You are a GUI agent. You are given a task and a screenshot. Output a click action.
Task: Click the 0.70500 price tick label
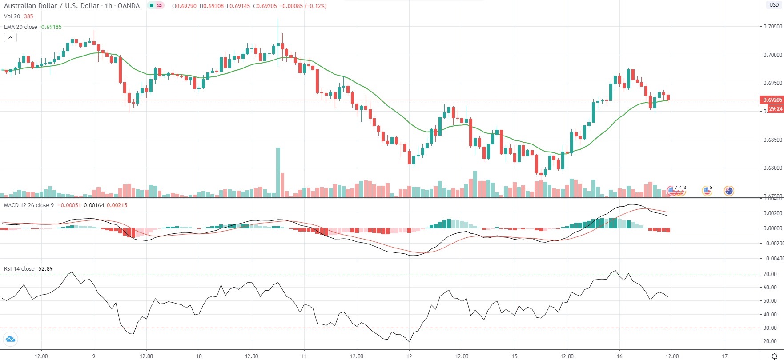pyautogui.click(x=772, y=27)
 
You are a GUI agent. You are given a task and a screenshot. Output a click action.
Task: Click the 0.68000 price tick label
pyautogui.click(x=772, y=168)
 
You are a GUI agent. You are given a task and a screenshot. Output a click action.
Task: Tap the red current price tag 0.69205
pyautogui.click(x=772, y=100)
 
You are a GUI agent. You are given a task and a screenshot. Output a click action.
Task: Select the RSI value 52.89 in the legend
pyautogui.click(x=45, y=269)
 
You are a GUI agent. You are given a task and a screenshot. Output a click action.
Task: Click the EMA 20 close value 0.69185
pyautogui.click(x=52, y=27)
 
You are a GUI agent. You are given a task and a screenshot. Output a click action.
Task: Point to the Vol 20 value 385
pyautogui.click(x=28, y=16)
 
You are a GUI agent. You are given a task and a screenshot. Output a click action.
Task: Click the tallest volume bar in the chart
pyautogui.click(x=278, y=172)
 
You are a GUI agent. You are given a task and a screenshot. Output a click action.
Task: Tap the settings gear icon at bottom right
pyautogui.click(x=774, y=356)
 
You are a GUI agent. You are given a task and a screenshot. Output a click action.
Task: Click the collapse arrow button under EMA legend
pyautogui.click(x=10, y=38)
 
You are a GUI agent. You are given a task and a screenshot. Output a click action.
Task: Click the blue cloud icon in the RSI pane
pyautogui.click(x=10, y=340)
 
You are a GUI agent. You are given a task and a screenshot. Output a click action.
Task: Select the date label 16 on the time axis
pyautogui.click(x=619, y=356)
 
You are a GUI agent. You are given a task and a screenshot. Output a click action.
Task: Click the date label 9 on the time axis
pyautogui.click(x=94, y=356)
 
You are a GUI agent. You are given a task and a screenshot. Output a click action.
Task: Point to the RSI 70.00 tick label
pyautogui.click(x=770, y=274)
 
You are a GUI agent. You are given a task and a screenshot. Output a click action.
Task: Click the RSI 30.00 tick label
pyautogui.click(x=770, y=328)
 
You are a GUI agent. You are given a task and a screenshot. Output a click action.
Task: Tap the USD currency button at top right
pyautogui.click(x=774, y=5)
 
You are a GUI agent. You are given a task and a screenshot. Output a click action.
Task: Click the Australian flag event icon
pyautogui.click(x=728, y=191)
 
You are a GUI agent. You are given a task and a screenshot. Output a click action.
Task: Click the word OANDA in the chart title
pyautogui.click(x=129, y=6)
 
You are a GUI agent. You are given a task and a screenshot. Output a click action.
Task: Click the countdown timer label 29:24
pyautogui.click(x=776, y=109)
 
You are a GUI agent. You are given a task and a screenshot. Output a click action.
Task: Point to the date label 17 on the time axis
pyautogui.click(x=725, y=356)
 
